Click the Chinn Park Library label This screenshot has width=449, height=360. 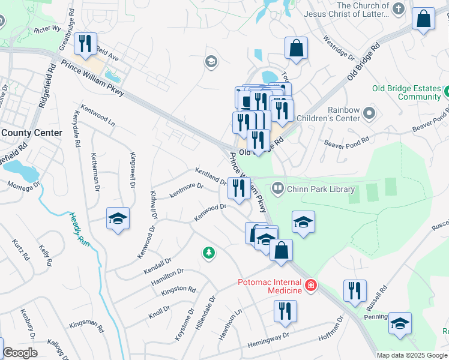pyautogui.click(x=321, y=189)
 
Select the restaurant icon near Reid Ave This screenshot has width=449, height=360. pyautogui.click(x=84, y=44)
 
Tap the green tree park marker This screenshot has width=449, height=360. pyautogui.click(x=209, y=254)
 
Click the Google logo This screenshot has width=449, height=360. pyautogui.click(x=20, y=353)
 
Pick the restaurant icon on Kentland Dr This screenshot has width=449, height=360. pyautogui.click(x=240, y=188)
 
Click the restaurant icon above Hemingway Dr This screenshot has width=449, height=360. pyautogui.click(x=285, y=311)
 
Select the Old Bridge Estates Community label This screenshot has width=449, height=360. pyautogui.click(x=406, y=92)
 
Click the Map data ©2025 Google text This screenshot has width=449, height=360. pyautogui.click(x=412, y=355)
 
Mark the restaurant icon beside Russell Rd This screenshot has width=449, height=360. pyautogui.click(x=355, y=291)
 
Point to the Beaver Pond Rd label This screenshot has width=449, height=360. pyautogui.click(x=349, y=143)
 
